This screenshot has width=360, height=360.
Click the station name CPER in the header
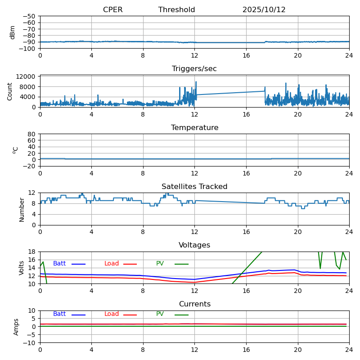(x=112, y=10)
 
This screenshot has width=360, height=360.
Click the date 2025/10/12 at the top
(x=264, y=10)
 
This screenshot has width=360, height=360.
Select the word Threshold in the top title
(x=176, y=10)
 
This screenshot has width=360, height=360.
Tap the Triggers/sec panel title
(x=194, y=69)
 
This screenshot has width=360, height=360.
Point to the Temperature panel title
(x=194, y=128)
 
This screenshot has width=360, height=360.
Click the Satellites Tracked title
(x=194, y=187)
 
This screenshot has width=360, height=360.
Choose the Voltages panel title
(x=194, y=245)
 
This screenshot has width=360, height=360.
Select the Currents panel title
(x=194, y=304)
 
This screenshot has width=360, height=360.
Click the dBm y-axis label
(x=13, y=32)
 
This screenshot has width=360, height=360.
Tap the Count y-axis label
(x=10, y=91)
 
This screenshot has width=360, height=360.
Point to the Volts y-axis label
(x=22, y=268)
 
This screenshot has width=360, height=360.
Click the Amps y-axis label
(x=16, y=327)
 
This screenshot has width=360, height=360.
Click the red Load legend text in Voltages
(x=112, y=264)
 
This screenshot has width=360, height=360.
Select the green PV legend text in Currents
(x=160, y=314)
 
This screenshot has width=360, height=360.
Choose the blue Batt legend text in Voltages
(x=59, y=264)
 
